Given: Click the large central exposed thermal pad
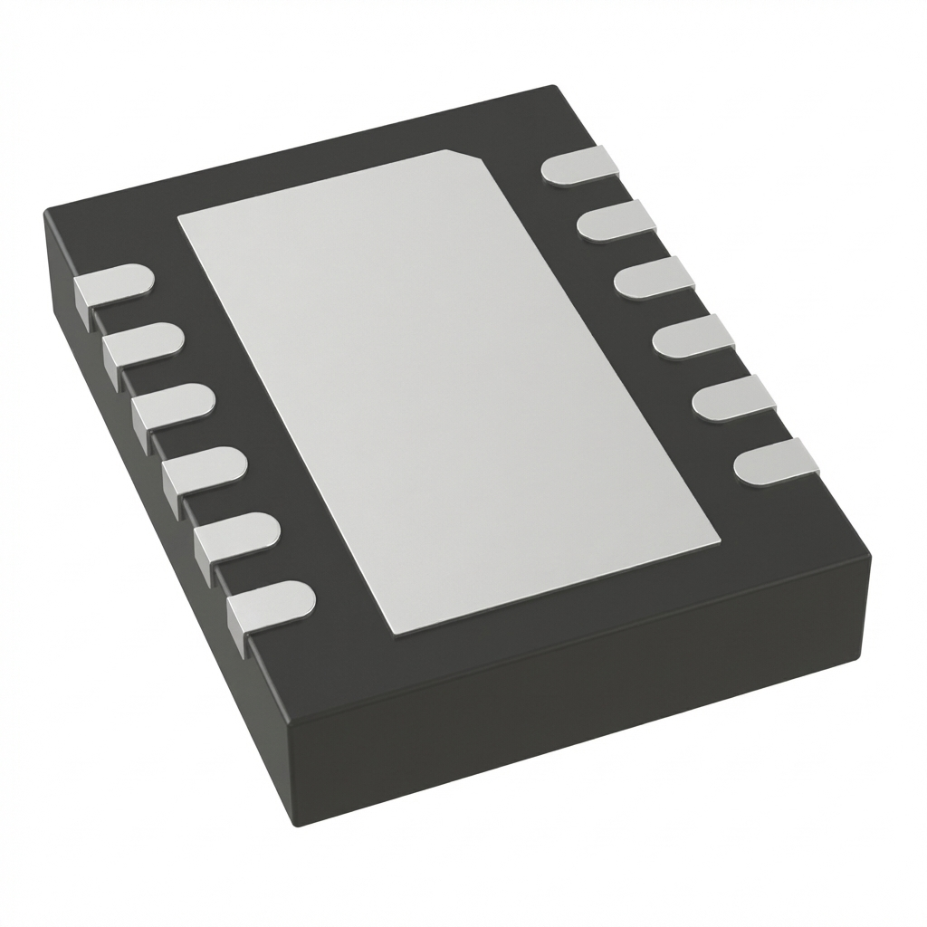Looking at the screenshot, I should pos(444,389).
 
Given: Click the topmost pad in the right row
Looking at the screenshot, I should pos(579,167).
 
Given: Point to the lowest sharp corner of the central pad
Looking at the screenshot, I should pos(391,633).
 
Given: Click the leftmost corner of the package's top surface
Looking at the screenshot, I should pos(46,211).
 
